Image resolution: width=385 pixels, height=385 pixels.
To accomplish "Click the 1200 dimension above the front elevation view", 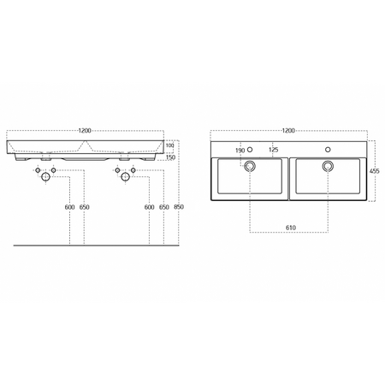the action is coord(85,131).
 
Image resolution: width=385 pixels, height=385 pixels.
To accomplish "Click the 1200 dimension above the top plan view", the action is coord(288,131).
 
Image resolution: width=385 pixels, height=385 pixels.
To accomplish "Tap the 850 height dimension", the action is coord(179,207).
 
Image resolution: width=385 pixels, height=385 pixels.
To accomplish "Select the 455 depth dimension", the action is coord(375,171).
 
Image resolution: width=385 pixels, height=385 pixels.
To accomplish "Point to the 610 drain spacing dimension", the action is coord(291,228).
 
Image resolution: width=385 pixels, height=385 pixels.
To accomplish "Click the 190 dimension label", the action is coord(240,151).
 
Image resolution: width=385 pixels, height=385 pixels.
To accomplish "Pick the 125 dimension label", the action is coord(273,150).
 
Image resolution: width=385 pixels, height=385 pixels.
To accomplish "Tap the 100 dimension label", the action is coord(169,145).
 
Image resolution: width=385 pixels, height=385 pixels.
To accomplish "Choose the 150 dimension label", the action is coord(170,157).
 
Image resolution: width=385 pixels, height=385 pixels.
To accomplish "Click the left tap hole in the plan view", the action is coord(250,150).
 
